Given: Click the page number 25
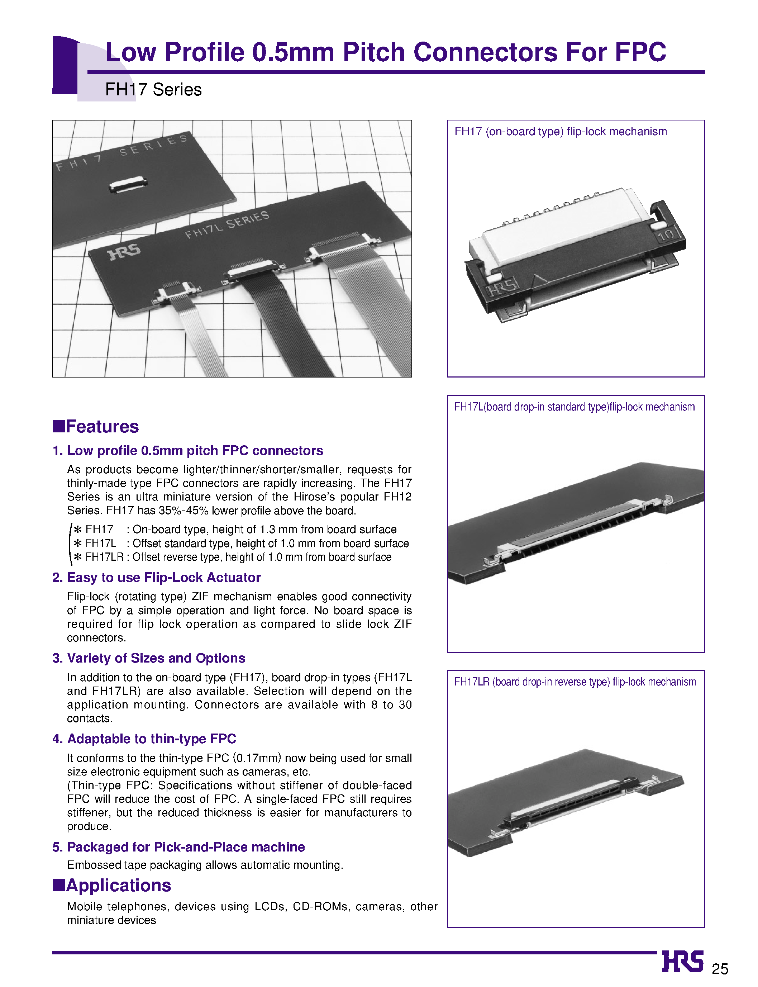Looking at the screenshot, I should [720, 969].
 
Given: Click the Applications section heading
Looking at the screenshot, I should [118, 886].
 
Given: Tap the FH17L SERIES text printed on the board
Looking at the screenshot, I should [227, 224].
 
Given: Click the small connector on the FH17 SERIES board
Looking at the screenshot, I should [129, 184].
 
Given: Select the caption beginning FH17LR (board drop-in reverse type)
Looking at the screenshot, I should [575, 682].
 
